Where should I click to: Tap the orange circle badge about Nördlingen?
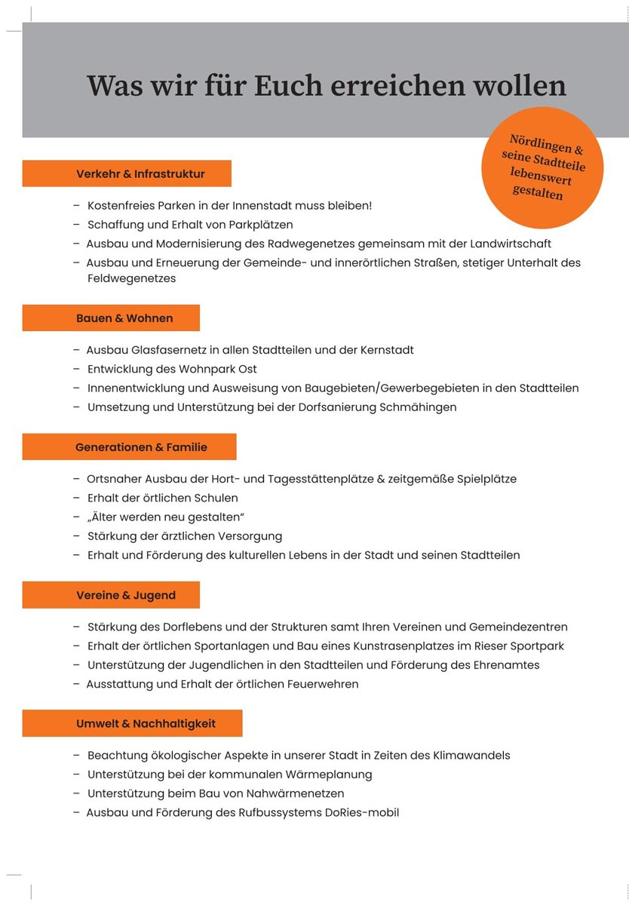tap(543, 167)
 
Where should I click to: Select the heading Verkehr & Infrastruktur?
tap(140, 173)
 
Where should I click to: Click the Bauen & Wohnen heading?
tap(124, 318)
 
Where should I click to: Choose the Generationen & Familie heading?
tap(141, 447)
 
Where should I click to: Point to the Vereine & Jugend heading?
tap(126, 595)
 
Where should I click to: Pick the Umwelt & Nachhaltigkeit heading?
tap(146, 723)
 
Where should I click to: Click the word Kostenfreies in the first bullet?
tap(121, 205)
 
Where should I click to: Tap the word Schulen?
tap(216, 498)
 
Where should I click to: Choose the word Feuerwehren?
tap(321, 684)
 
